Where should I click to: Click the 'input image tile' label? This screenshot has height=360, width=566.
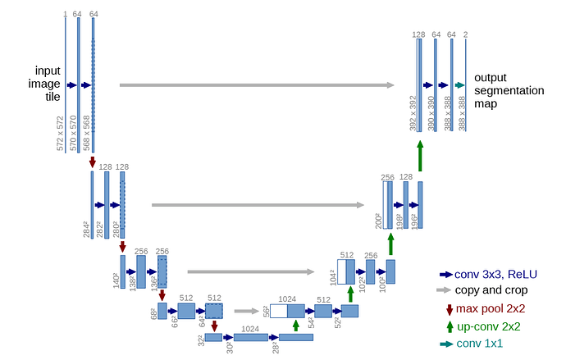click(x=48, y=84)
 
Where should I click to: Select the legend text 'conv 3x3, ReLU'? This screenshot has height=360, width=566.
click(x=495, y=275)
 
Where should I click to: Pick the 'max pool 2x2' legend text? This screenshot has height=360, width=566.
click(x=491, y=309)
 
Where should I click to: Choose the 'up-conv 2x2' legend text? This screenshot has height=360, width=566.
click(x=490, y=327)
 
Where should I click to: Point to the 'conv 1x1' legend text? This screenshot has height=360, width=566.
click(x=482, y=344)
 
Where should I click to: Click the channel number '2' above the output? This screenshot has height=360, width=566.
click(x=466, y=34)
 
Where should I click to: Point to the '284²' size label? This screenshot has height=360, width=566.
click(x=87, y=229)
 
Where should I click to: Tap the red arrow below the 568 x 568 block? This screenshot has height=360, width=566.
click(x=92, y=162)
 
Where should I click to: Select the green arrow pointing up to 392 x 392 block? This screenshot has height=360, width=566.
click(x=420, y=155)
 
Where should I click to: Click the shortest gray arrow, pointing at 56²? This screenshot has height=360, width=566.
click(x=245, y=311)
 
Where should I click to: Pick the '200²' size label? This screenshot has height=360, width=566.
click(x=380, y=219)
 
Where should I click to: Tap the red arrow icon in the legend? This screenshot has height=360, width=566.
click(x=449, y=309)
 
